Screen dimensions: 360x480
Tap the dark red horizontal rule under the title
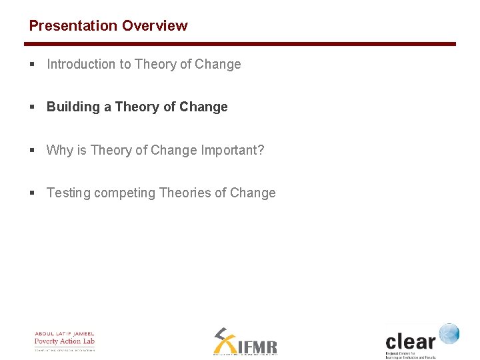[240, 44]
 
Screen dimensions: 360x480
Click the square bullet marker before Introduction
[32, 65]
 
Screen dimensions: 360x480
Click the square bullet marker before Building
[32, 107]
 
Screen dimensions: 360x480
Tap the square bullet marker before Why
[32, 150]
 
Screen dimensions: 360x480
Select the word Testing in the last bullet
[68, 193]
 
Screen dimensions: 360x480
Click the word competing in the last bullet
[125, 193]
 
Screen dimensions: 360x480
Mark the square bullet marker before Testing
[32, 193]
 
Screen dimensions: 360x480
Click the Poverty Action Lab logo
[65, 341]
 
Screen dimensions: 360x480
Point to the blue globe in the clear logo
[449, 333]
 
